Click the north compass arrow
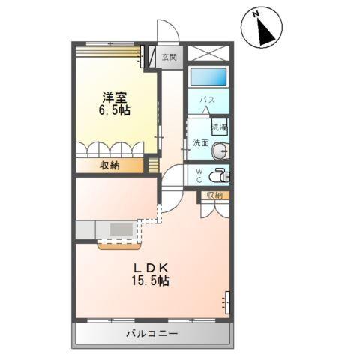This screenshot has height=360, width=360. (264, 29)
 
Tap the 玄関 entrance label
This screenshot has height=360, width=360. (169, 57)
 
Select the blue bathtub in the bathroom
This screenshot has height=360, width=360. (208, 77)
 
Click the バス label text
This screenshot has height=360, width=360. (208, 100)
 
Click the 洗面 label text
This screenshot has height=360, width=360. (200, 142)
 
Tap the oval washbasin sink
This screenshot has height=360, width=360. (220, 151)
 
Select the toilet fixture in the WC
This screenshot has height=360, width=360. (219, 176)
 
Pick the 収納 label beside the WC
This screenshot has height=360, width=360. (214, 196)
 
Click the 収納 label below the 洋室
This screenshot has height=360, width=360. (109, 166)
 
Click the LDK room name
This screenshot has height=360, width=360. (151, 268)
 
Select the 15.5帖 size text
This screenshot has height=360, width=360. (151, 282)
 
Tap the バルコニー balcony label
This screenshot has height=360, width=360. (151, 332)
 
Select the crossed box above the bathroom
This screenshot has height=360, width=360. (207, 54)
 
